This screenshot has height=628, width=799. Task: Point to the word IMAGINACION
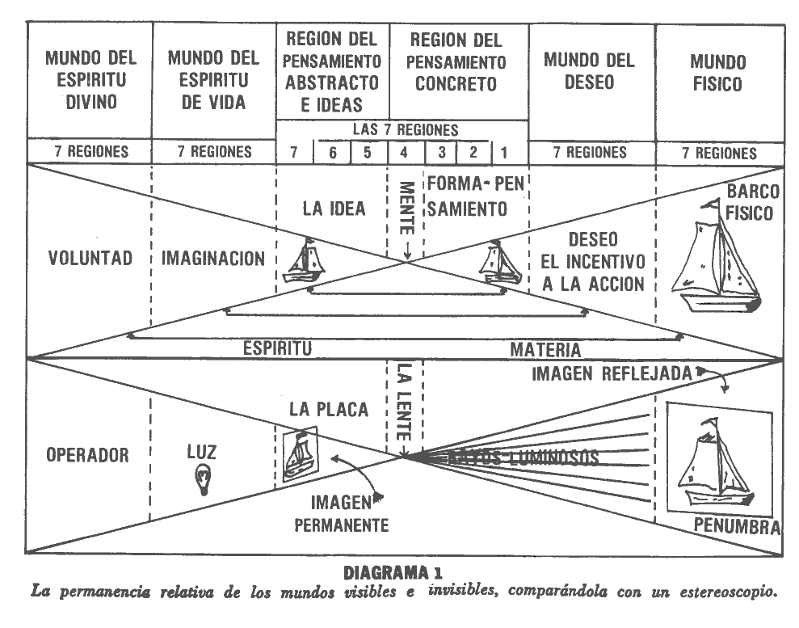click(x=213, y=259)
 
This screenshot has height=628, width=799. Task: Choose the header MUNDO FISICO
click(x=718, y=72)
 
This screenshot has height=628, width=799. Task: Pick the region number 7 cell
click(x=293, y=152)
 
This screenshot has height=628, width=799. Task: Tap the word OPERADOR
click(x=87, y=455)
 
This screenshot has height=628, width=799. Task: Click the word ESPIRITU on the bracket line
click(x=278, y=349)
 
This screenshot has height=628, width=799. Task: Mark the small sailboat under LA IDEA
click(x=307, y=259)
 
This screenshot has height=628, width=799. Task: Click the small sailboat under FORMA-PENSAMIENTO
click(x=501, y=262)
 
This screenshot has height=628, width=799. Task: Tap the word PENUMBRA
click(x=736, y=528)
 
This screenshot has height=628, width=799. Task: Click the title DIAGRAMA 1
click(x=393, y=573)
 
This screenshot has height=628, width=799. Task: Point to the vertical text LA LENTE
click(x=404, y=399)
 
